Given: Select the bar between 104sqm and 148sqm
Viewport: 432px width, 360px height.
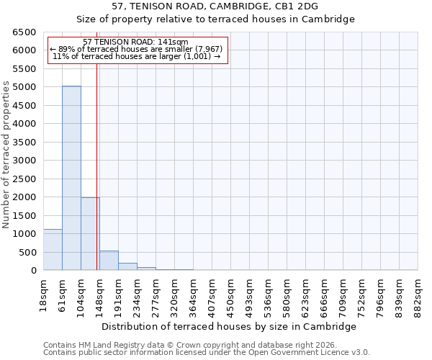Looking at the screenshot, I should (90, 233).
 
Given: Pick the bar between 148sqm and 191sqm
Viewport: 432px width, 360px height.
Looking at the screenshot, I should (109, 261).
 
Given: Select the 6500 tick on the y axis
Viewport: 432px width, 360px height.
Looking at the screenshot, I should (24, 32).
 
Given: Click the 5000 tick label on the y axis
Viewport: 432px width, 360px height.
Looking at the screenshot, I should (24, 87).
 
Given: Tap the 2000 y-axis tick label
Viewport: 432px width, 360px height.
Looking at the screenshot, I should (24, 197).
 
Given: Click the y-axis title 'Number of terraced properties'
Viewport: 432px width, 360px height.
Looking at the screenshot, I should (6, 155).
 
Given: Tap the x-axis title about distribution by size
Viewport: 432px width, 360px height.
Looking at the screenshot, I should (230, 326).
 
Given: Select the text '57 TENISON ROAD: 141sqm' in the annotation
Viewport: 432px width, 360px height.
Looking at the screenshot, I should (136, 42).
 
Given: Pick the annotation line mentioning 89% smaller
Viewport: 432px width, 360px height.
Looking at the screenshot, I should (136, 49).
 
